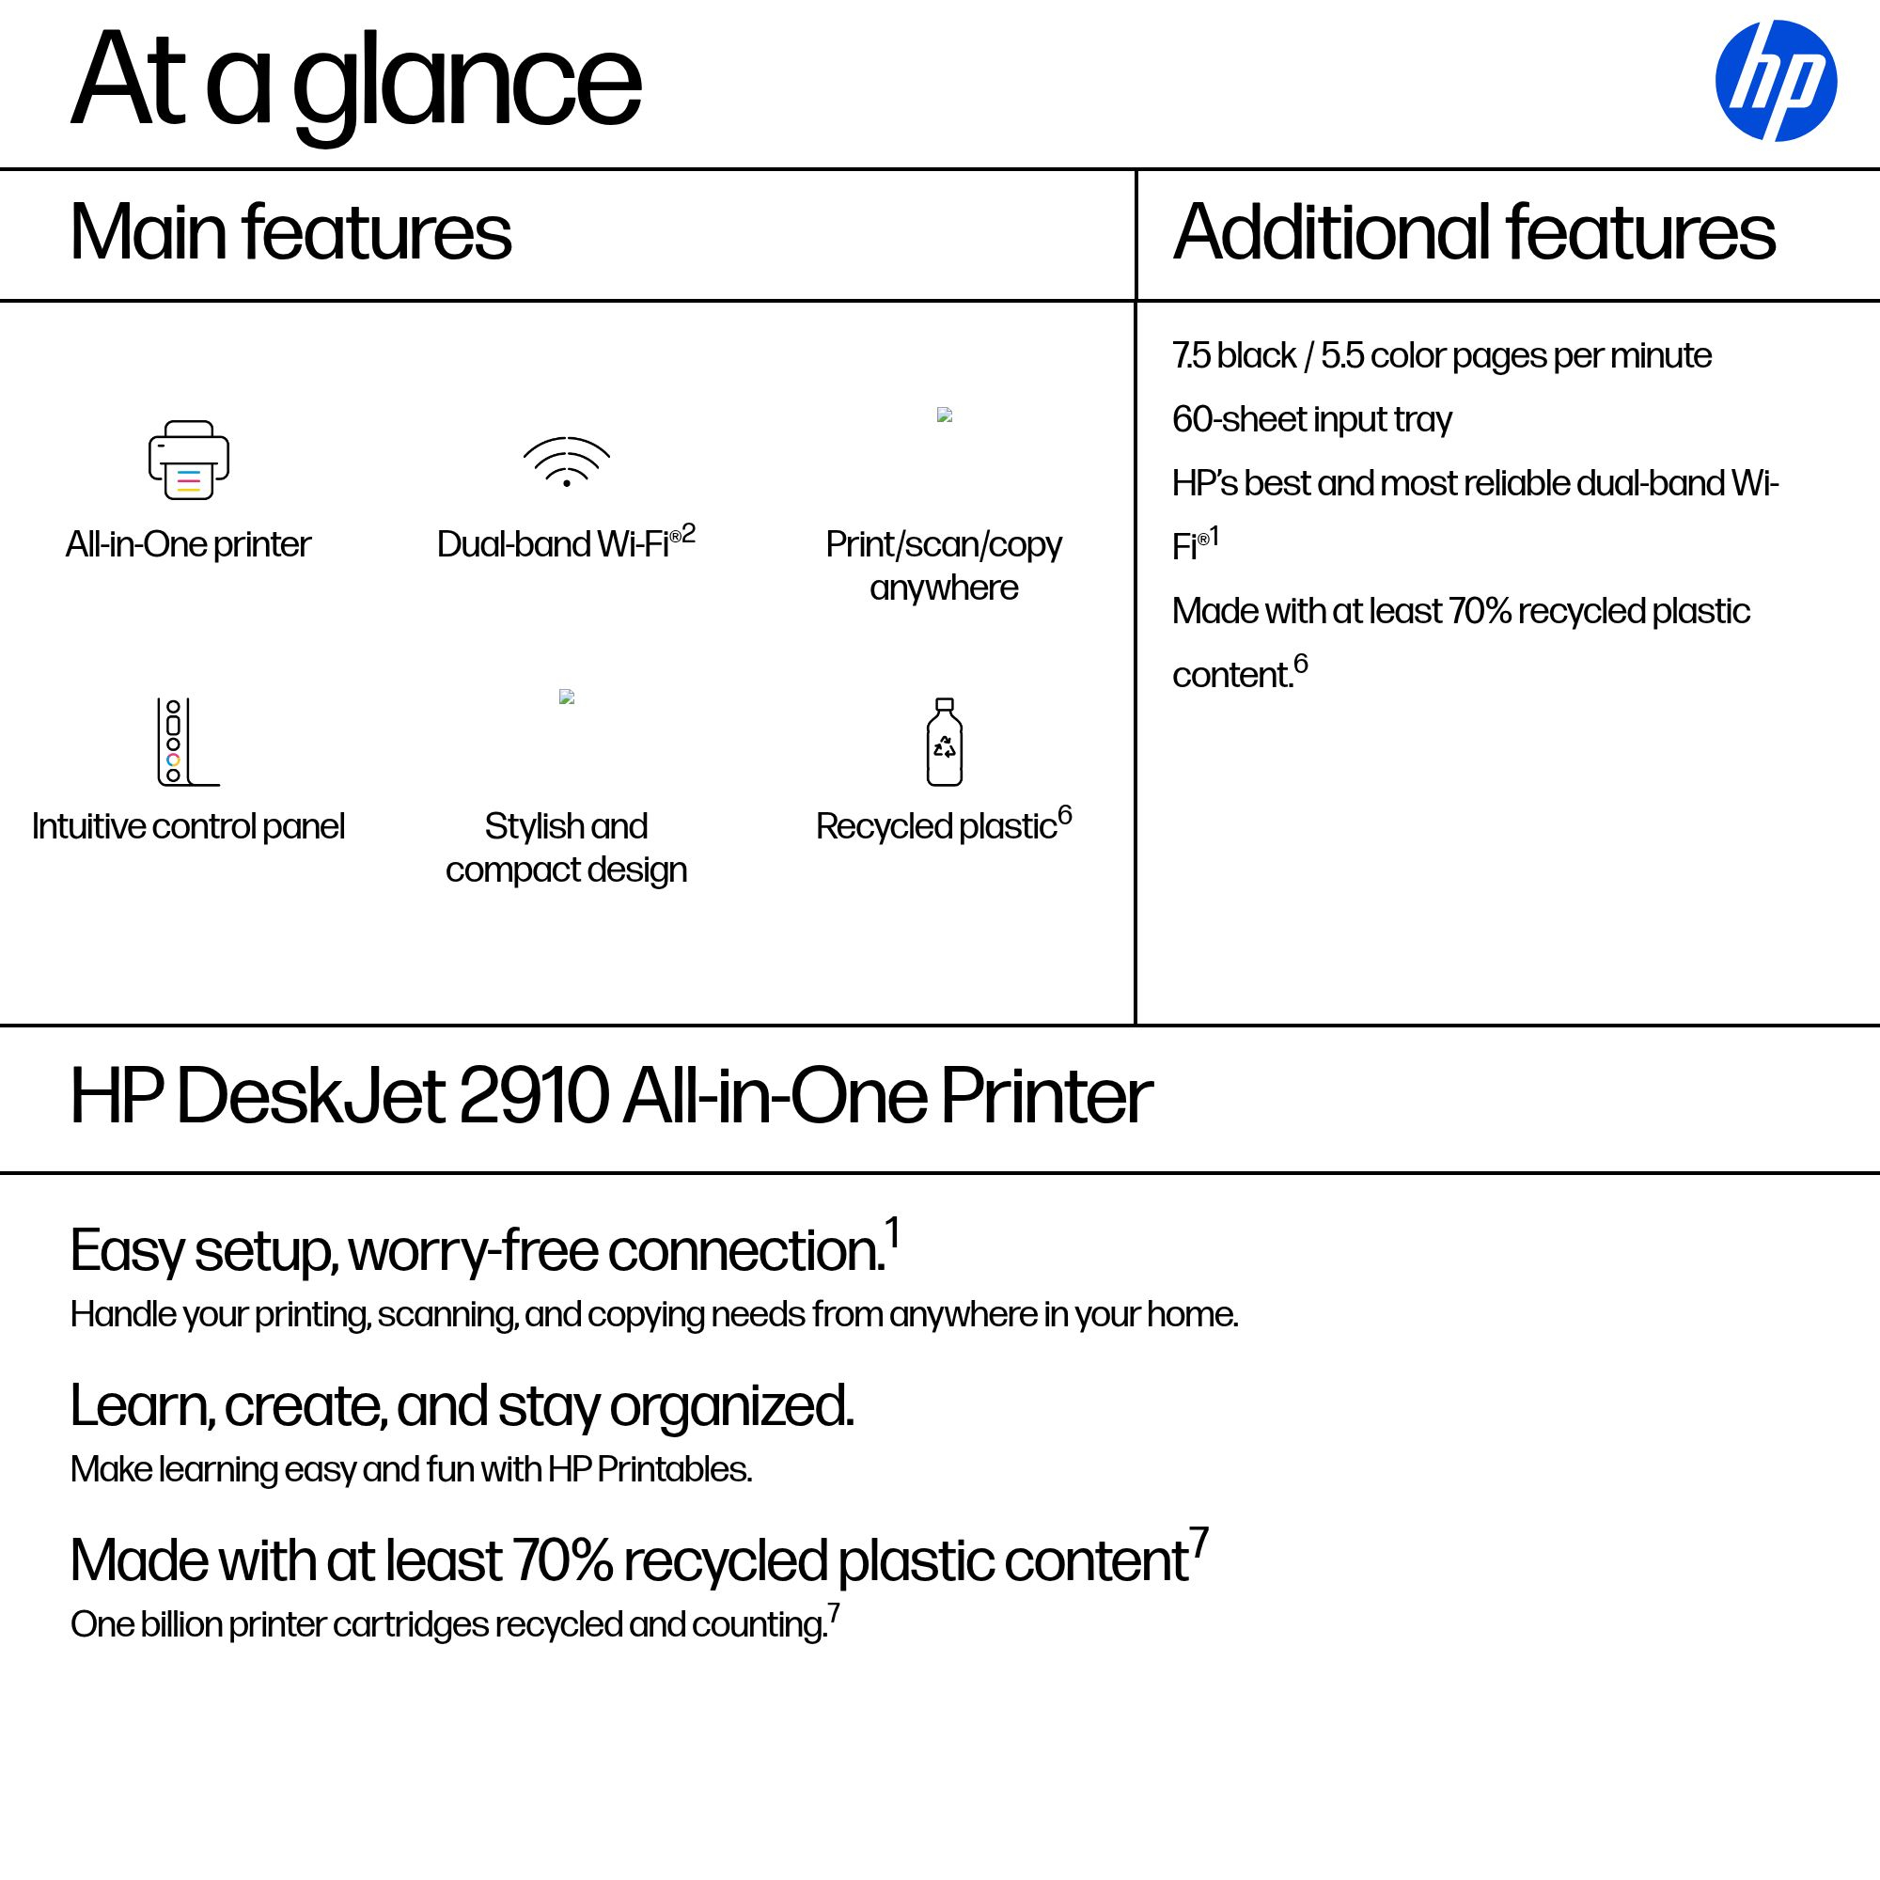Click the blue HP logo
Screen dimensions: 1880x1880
click(x=1775, y=81)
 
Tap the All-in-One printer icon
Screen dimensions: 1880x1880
click(x=189, y=461)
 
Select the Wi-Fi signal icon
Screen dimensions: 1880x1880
click(x=566, y=462)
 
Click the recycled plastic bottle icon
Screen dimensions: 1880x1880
click(x=944, y=742)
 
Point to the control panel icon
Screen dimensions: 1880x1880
click(x=188, y=742)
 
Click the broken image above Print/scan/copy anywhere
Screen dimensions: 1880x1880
click(x=944, y=415)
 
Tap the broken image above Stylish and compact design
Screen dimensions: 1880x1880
click(x=566, y=697)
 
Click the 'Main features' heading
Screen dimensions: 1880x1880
click(x=290, y=232)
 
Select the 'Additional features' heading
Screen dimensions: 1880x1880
click(x=1474, y=232)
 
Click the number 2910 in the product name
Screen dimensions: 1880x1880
click(x=533, y=1097)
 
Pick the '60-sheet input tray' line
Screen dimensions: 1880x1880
click(x=1311, y=420)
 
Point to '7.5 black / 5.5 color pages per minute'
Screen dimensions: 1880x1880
click(x=1441, y=356)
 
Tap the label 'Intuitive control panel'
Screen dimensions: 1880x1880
click(x=188, y=826)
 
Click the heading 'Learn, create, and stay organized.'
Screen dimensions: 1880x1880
click(x=462, y=1407)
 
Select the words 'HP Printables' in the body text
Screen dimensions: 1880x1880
click(x=648, y=1469)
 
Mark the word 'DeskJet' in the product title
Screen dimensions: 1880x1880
click(x=310, y=1097)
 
